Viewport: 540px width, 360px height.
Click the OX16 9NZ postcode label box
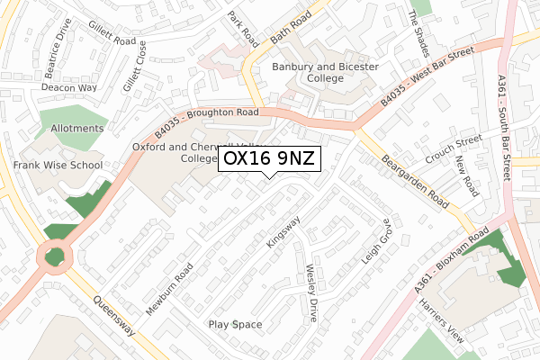tap(269, 158)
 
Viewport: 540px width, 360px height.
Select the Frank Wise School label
tap(58, 166)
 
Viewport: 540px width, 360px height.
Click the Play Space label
tap(235, 324)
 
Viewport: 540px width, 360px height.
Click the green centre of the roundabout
tap(56, 256)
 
